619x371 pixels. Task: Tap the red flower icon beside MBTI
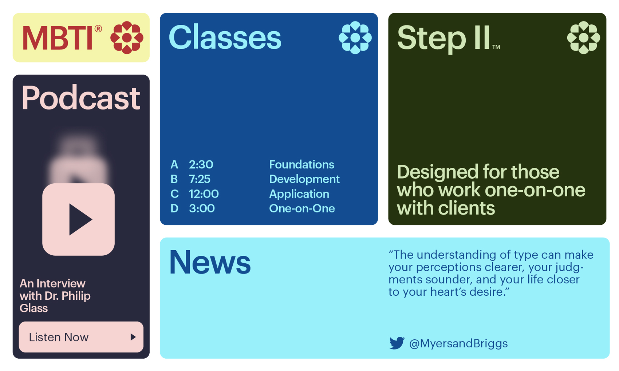(127, 37)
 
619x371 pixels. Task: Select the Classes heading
(225, 37)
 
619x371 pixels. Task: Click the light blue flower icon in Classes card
(355, 37)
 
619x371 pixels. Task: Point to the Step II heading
(448, 39)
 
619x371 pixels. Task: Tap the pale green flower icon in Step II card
(584, 37)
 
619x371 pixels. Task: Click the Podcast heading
(81, 97)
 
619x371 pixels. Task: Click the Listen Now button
(81, 337)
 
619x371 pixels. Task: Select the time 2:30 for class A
(201, 164)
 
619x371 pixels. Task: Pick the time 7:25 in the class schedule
(200, 179)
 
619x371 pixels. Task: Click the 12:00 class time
(204, 194)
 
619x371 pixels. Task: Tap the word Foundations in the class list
(302, 164)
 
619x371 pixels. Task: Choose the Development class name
(304, 179)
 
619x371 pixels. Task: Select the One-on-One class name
(302, 208)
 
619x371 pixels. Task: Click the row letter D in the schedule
(174, 208)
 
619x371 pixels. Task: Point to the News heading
(210, 262)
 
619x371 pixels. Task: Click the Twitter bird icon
(397, 343)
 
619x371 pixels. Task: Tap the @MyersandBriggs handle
(458, 344)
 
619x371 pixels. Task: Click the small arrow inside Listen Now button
(133, 337)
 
